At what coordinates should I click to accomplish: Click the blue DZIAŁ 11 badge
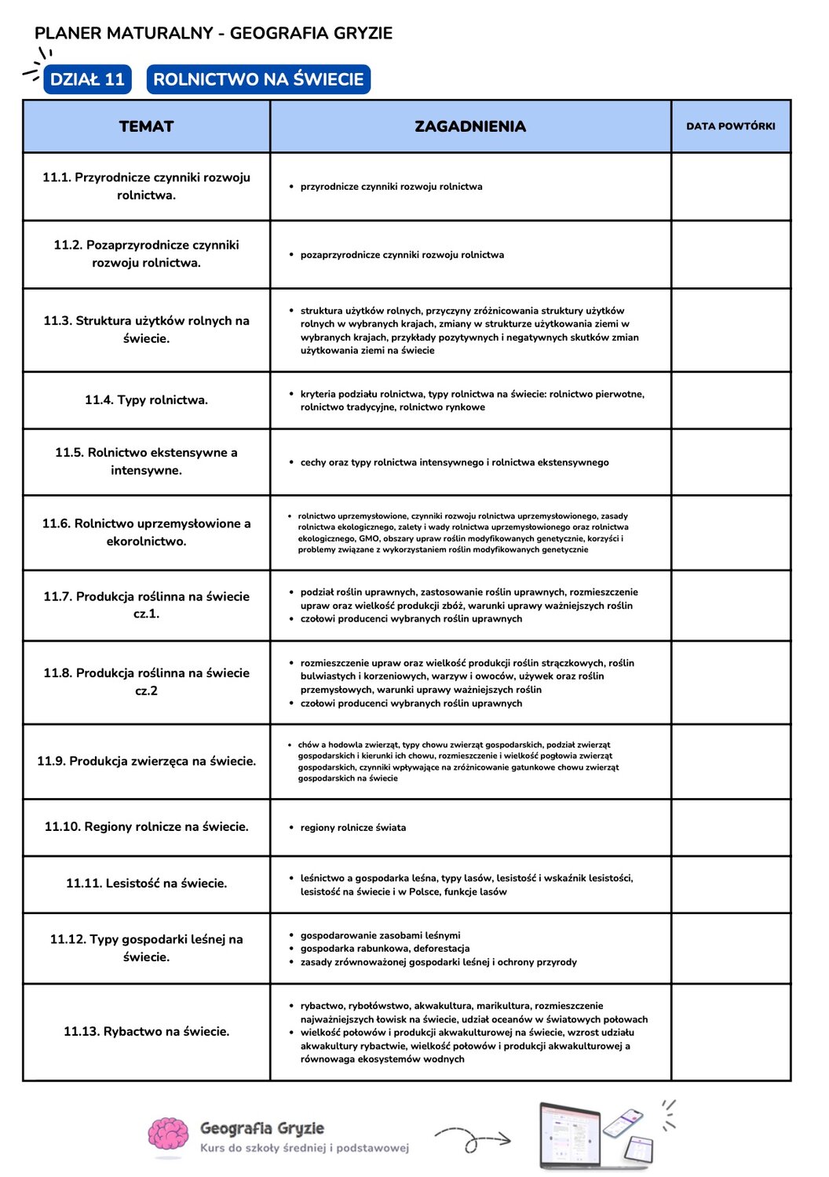pos(87,79)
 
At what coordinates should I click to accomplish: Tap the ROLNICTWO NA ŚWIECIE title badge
pos(258,79)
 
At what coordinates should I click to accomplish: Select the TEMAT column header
pos(147,126)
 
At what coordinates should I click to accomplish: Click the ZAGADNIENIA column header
pos(470,126)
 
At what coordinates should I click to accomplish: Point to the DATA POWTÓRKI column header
pos(730,126)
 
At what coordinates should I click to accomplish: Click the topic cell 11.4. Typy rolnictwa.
pos(147,400)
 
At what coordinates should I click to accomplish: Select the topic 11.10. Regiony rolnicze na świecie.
pos(147,827)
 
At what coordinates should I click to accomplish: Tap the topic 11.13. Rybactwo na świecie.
pos(147,1032)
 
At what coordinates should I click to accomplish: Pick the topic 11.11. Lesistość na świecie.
pos(147,884)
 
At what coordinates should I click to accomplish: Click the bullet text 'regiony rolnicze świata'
pos(353,828)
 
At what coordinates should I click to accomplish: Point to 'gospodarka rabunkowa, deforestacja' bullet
pos(385,949)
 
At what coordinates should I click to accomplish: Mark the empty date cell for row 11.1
pos(730,187)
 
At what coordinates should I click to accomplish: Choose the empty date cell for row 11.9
pos(730,761)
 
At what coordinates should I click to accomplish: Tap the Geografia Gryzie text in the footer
pos(262,1128)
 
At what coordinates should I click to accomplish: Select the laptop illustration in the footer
pos(570,1135)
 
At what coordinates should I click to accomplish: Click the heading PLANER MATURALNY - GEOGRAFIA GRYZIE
pos(214,33)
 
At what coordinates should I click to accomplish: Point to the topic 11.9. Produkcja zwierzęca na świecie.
pos(147,761)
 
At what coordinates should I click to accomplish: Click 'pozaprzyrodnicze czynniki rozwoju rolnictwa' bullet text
pos(402,255)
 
